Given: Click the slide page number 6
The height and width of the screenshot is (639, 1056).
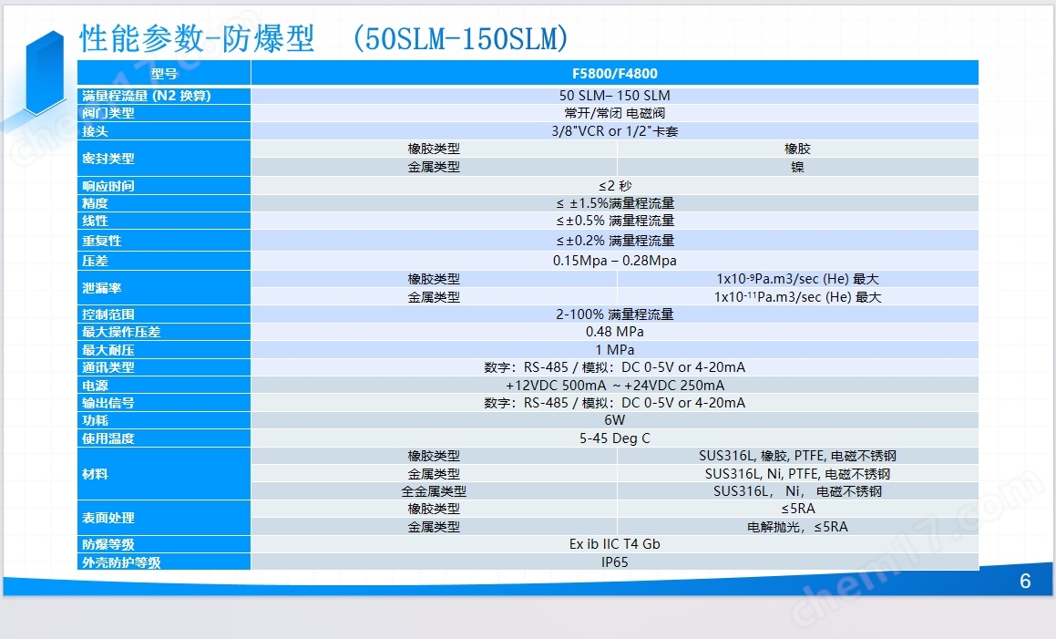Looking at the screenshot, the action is tap(1025, 581).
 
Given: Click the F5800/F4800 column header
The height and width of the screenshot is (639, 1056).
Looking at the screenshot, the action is tap(614, 74).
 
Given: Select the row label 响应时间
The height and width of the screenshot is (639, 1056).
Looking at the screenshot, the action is tap(108, 186).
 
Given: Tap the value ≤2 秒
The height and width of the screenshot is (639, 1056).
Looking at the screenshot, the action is tap(615, 186).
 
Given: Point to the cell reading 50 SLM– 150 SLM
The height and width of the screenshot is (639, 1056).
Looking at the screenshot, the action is tap(614, 96).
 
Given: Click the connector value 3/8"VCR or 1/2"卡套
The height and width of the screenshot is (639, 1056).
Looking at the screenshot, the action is tap(614, 131).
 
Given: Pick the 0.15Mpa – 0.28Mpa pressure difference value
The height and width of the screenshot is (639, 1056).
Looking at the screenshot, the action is tap(614, 261).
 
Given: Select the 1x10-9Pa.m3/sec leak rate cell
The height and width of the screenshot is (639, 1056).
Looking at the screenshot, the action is tap(797, 279).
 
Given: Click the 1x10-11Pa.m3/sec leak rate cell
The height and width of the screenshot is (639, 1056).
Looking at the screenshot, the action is tap(797, 297).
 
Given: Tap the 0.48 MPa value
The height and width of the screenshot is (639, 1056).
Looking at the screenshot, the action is tap(614, 332).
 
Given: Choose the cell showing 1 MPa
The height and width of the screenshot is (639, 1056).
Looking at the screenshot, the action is tap(614, 350).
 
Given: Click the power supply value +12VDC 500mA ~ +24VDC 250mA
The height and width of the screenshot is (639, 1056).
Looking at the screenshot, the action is tap(615, 386).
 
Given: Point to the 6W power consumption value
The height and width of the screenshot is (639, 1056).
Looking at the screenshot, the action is tap(614, 420).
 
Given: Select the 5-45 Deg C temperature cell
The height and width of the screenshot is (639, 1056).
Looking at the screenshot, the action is tap(614, 438).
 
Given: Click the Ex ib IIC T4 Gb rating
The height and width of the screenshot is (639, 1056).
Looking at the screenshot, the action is tap(614, 544).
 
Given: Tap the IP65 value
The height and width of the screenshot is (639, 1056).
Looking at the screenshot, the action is tap(614, 562).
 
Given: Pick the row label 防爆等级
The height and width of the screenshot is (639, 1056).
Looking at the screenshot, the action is tap(108, 544).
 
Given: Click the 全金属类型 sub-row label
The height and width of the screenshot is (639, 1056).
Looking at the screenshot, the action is tap(434, 491).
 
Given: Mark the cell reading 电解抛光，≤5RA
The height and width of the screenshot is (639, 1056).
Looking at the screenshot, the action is tap(797, 527).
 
